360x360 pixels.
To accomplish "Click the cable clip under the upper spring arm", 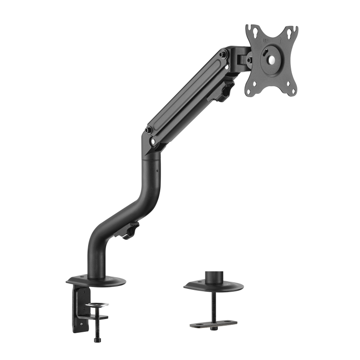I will [x=228, y=90].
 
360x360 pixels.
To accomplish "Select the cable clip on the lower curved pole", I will [x=131, y=231].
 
